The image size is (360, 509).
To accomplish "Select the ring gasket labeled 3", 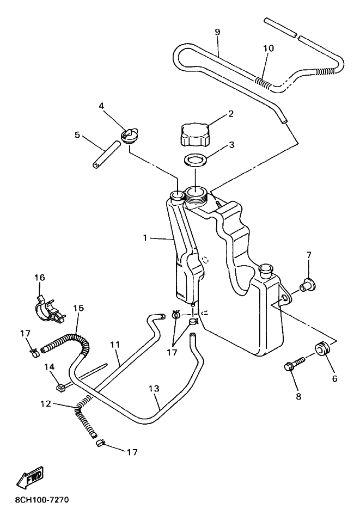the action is pyautogui.click(x=195, y=161).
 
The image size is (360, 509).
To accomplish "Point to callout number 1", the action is pyautogui.click(x=145, y=238).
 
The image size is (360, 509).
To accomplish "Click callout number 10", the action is pyautogui.click(x=269, y=48).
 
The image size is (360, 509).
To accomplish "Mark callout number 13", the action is pyautogui.click(x=155, y=388).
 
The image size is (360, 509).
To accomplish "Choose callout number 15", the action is pyautogui.click(x=78, y=308).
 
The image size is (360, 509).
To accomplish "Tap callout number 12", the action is pyautogui.click(x=46, y=404).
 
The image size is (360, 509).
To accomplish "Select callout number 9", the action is pyautogui.click(x=217, y=32).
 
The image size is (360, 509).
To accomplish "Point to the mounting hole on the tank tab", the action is pyautogui.click(x=285, y=298).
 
